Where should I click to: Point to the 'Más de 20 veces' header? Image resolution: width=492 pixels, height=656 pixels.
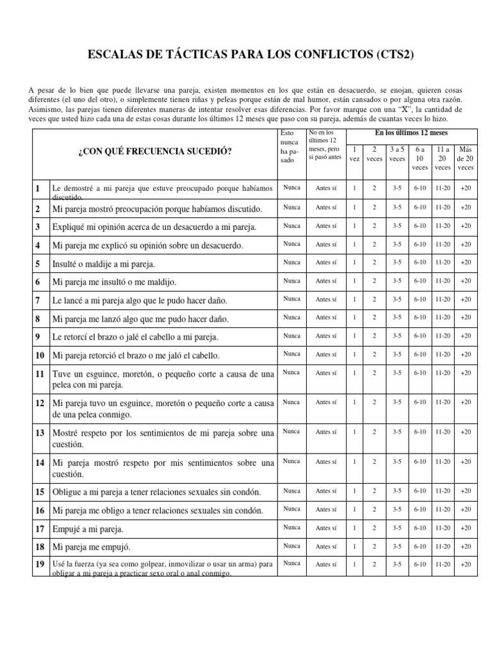pos(465,158)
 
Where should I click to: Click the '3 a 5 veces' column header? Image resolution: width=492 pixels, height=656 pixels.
pos(397,154)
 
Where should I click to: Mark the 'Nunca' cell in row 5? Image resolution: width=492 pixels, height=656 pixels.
pos(291,262)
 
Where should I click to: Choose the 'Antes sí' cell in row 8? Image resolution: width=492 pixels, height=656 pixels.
pos(326,317)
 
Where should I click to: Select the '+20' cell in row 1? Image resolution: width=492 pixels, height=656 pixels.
pos(465,188)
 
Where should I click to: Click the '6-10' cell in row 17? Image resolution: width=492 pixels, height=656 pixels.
pos(420,528)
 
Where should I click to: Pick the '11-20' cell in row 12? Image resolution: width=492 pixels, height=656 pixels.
pos(443,402)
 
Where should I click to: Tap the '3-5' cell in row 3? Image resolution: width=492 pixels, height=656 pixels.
pos(397,225)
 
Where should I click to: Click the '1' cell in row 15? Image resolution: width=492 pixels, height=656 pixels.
pos(354,491)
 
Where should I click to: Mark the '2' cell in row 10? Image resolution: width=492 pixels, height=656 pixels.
pos(374,354)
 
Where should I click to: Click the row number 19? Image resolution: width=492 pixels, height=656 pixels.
pos(39,564)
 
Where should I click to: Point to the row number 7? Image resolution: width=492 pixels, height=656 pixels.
pos(38,300)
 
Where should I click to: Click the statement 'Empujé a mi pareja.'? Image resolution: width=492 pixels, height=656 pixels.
pos(87,529)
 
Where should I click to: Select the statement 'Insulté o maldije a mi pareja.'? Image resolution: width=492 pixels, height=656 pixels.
pos(103,263)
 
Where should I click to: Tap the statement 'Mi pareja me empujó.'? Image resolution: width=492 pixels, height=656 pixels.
pos(91,548)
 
